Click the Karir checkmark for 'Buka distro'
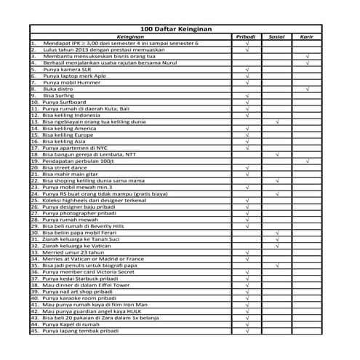pyautogui.click(x=308, y=89)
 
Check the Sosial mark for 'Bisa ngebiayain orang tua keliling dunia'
pyautogui.click(x=277, y=121)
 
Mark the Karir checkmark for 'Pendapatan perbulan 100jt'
pyautogui.click(x=308, y=161)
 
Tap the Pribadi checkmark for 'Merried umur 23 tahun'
pyautogui.click(x=247, y=252)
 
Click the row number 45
pyautogui.click(x=34, y=331)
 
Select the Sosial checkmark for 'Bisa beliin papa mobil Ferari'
pyautogui.click(x=277, y=233)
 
